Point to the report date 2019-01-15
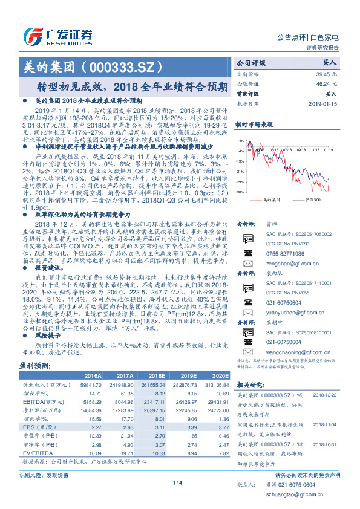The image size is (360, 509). pos(324,104)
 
